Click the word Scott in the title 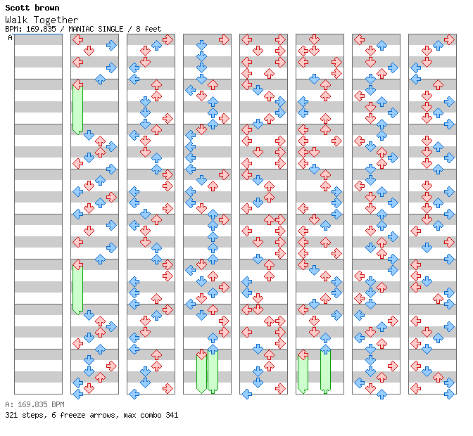click(18, 8)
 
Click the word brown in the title click(46, 8)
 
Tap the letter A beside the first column click(10, 38)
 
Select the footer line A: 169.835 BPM click(34, 405)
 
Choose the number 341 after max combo click(171, 415)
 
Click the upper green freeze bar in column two click(77, 108)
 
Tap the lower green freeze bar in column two click(77, 287)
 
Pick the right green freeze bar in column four click(213, 371)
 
